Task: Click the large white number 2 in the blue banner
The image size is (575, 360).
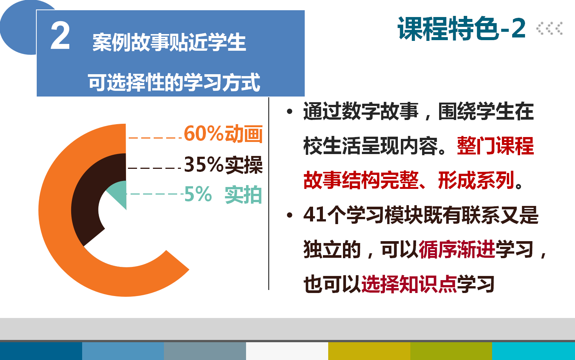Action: pyautogui.click(x=60, y=35)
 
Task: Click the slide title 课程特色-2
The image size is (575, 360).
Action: pyautogui.click(x=461, y=28)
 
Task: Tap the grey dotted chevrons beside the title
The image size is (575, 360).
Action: pyautogui.click(x=549, y=28)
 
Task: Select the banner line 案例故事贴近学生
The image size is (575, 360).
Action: pyautogui.click(x=169, y=42)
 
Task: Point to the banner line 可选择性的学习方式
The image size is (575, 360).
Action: pyautogui.click(x=174, y=82)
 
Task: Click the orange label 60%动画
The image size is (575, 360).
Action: pyautogui.click(x=223, y=134)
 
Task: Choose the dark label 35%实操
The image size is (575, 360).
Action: pyautogui.click(x=223, y=165)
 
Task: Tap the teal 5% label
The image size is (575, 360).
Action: pyautogui.click(x=198, y=194)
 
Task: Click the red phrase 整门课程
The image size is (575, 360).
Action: pyautogui.click(x=496, y=146)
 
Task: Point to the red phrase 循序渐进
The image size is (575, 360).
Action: pyautogui.click(x=457, y=249)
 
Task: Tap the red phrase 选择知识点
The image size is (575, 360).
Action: pyautogui.click(x=409, y=284)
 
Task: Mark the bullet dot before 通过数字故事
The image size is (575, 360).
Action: pyautogui.click(x=290, y=111)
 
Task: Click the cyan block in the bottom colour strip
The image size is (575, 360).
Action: pyautogui.click(x=534, y=351)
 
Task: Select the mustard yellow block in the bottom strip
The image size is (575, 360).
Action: pyautogui.click(x=369, y=351)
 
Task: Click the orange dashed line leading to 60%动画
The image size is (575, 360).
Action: pyautogui.click(x=155, y=138)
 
